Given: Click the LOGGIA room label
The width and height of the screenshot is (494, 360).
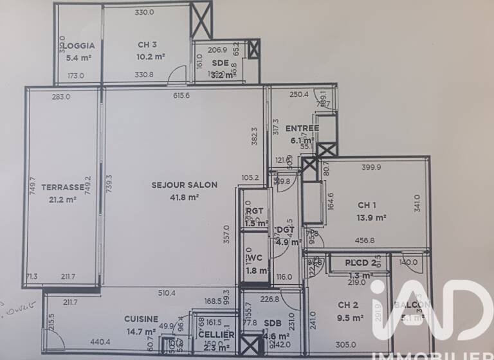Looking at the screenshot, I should [x=80, y=46].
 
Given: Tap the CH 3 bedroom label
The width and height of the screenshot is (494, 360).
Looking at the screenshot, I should [x=147, y=45].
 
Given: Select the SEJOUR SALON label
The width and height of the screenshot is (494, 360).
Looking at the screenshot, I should [x=184, y=184].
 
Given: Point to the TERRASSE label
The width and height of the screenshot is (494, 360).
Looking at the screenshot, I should [x=63, y=187].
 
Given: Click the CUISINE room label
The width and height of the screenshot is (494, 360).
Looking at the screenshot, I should [x=142, y=319].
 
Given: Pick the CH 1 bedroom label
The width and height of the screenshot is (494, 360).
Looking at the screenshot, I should [x=367, y=206].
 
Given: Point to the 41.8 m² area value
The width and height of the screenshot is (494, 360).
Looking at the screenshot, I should [x=185, y=197].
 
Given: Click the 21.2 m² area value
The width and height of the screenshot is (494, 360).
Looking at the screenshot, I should [x=63, y=199].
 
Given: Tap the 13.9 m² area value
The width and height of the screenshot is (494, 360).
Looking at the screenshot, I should [x=372, y=218].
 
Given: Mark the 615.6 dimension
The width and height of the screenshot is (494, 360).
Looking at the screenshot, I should [x=181, y=96].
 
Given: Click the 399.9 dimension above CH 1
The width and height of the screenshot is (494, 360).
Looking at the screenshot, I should [x=371, y=167].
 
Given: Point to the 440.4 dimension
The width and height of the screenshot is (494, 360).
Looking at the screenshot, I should [x=100, y=342].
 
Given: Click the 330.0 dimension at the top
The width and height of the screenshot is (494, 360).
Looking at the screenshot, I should [x=144, y=12].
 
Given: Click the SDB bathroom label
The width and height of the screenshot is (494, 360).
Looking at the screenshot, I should [x=273, y=323].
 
